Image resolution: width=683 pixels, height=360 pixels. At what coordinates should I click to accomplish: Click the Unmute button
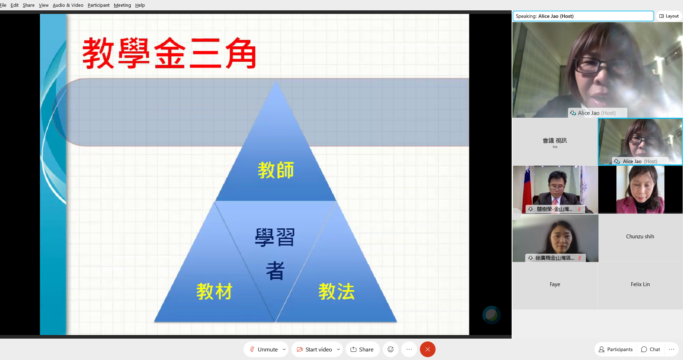pos(264,349)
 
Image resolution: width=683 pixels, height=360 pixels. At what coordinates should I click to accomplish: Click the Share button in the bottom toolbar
pos(362,349)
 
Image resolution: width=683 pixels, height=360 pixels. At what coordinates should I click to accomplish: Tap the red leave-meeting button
pos(427,349)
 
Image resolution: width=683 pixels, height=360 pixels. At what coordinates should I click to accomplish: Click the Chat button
pos(651,349)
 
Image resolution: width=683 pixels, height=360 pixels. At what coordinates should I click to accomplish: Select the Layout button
pos(669,16)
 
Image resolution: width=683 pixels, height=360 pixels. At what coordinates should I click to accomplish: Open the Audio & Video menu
pos(68,5)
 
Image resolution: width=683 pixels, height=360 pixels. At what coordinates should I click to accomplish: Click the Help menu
pos(140,5)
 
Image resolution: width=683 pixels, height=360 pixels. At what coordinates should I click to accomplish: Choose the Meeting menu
pos(122,5)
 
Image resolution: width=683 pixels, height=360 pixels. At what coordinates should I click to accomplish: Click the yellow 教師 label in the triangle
pos(276,170)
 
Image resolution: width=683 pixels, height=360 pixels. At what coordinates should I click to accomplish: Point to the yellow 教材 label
pos(214,291)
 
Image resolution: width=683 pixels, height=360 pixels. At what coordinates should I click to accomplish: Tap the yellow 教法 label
pos(336,291)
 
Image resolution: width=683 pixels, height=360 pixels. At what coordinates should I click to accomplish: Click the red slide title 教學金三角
pos(169,54)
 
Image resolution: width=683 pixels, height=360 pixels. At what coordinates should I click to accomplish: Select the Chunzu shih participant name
pos(640,237)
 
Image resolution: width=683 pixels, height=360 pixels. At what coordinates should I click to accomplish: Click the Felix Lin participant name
pos(640,284)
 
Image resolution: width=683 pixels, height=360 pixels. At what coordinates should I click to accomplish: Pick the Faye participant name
pos(554,284)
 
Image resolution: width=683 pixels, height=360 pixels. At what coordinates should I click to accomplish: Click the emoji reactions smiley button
pos(391,349)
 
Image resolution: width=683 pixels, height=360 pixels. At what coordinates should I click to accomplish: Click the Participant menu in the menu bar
pos(99,5)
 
